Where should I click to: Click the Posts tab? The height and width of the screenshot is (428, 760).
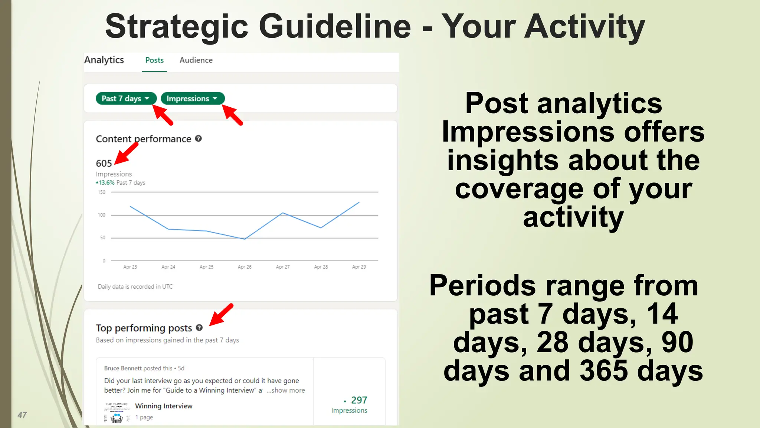pyautogui.click(x=154, y=60)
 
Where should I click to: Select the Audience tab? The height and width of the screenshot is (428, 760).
pyautogui.click(x=196, y=60)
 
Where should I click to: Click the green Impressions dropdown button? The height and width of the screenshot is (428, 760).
pyautogui.click(x=192, y=98)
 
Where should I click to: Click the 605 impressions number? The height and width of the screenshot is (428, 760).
pyautogui.click(x=104, y=163)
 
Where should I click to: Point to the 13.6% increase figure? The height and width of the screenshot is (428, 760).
pyautogui.click(x=106, y=183)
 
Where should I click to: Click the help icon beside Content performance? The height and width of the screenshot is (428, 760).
pyautogui.click(x=199, y=139)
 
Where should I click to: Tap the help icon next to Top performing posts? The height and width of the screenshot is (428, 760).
pyautogui.click(x=199, y=328)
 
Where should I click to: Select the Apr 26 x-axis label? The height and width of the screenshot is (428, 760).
pyautogui.click(x=245, y=267)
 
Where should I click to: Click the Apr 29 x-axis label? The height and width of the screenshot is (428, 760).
pyautogui.click(x=359, y=267)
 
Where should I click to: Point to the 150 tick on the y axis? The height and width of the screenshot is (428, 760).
pyautogui.click(x=102, y=192)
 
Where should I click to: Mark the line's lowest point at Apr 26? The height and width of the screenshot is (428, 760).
pyautogui.click(x=245, y=239)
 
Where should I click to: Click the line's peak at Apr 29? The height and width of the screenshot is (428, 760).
pyautogui.click(x=359, y=202)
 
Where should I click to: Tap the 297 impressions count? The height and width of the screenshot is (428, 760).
pyautogui.click(x=359, y=400)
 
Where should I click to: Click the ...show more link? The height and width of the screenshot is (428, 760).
pyautogui.click(x=286, y=390)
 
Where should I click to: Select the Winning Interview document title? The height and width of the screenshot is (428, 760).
pyautogui.click(x=164, y=406)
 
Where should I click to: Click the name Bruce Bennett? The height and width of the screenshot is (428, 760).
pyautogui.click(x=123, y=368)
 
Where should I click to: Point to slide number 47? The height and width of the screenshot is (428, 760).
pyautogui.click(x=22, y=415)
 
